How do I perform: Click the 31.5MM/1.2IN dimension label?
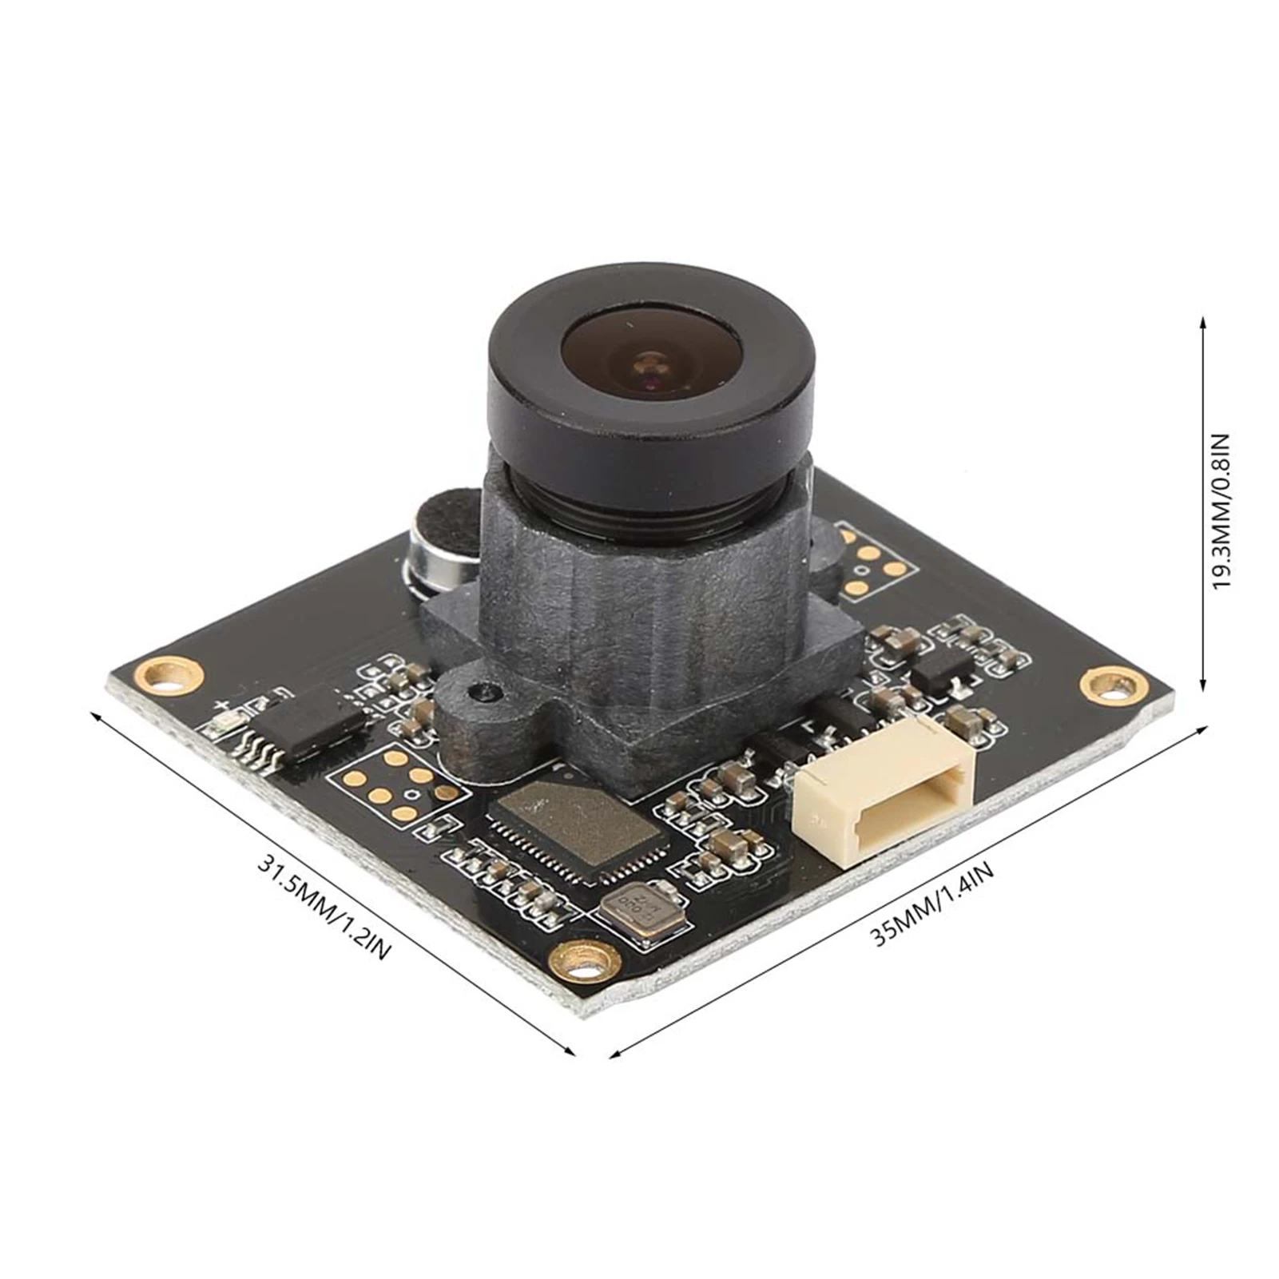coord(324,908)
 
